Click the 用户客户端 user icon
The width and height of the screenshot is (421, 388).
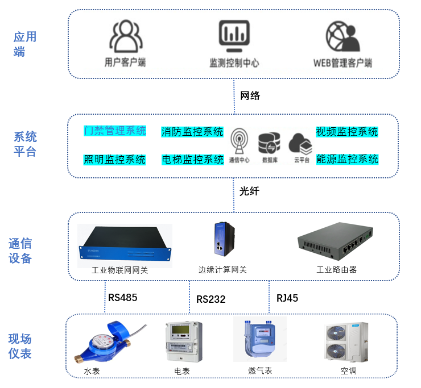point(125,37)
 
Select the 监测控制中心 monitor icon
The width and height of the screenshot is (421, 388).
point(234,37)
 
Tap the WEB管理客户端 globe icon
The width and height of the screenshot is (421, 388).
point(342,37)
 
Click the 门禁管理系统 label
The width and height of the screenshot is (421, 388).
point(115,131)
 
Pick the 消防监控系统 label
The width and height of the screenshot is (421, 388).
point(192,132)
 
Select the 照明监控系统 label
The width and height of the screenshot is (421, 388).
point(115,159)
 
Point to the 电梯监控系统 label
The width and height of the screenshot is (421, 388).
point(192,160)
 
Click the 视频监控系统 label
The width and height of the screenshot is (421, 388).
point(347,132)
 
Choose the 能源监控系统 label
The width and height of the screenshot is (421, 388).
point(347,159)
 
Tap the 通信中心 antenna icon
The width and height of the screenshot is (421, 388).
point(239,142)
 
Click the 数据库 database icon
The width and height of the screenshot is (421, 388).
point(269,143)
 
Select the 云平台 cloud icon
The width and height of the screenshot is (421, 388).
point(300,143)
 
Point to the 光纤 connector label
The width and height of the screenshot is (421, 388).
point(249,191)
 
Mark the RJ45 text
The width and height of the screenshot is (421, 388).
point(287,298)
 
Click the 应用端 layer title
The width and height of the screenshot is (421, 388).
point(25,44)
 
